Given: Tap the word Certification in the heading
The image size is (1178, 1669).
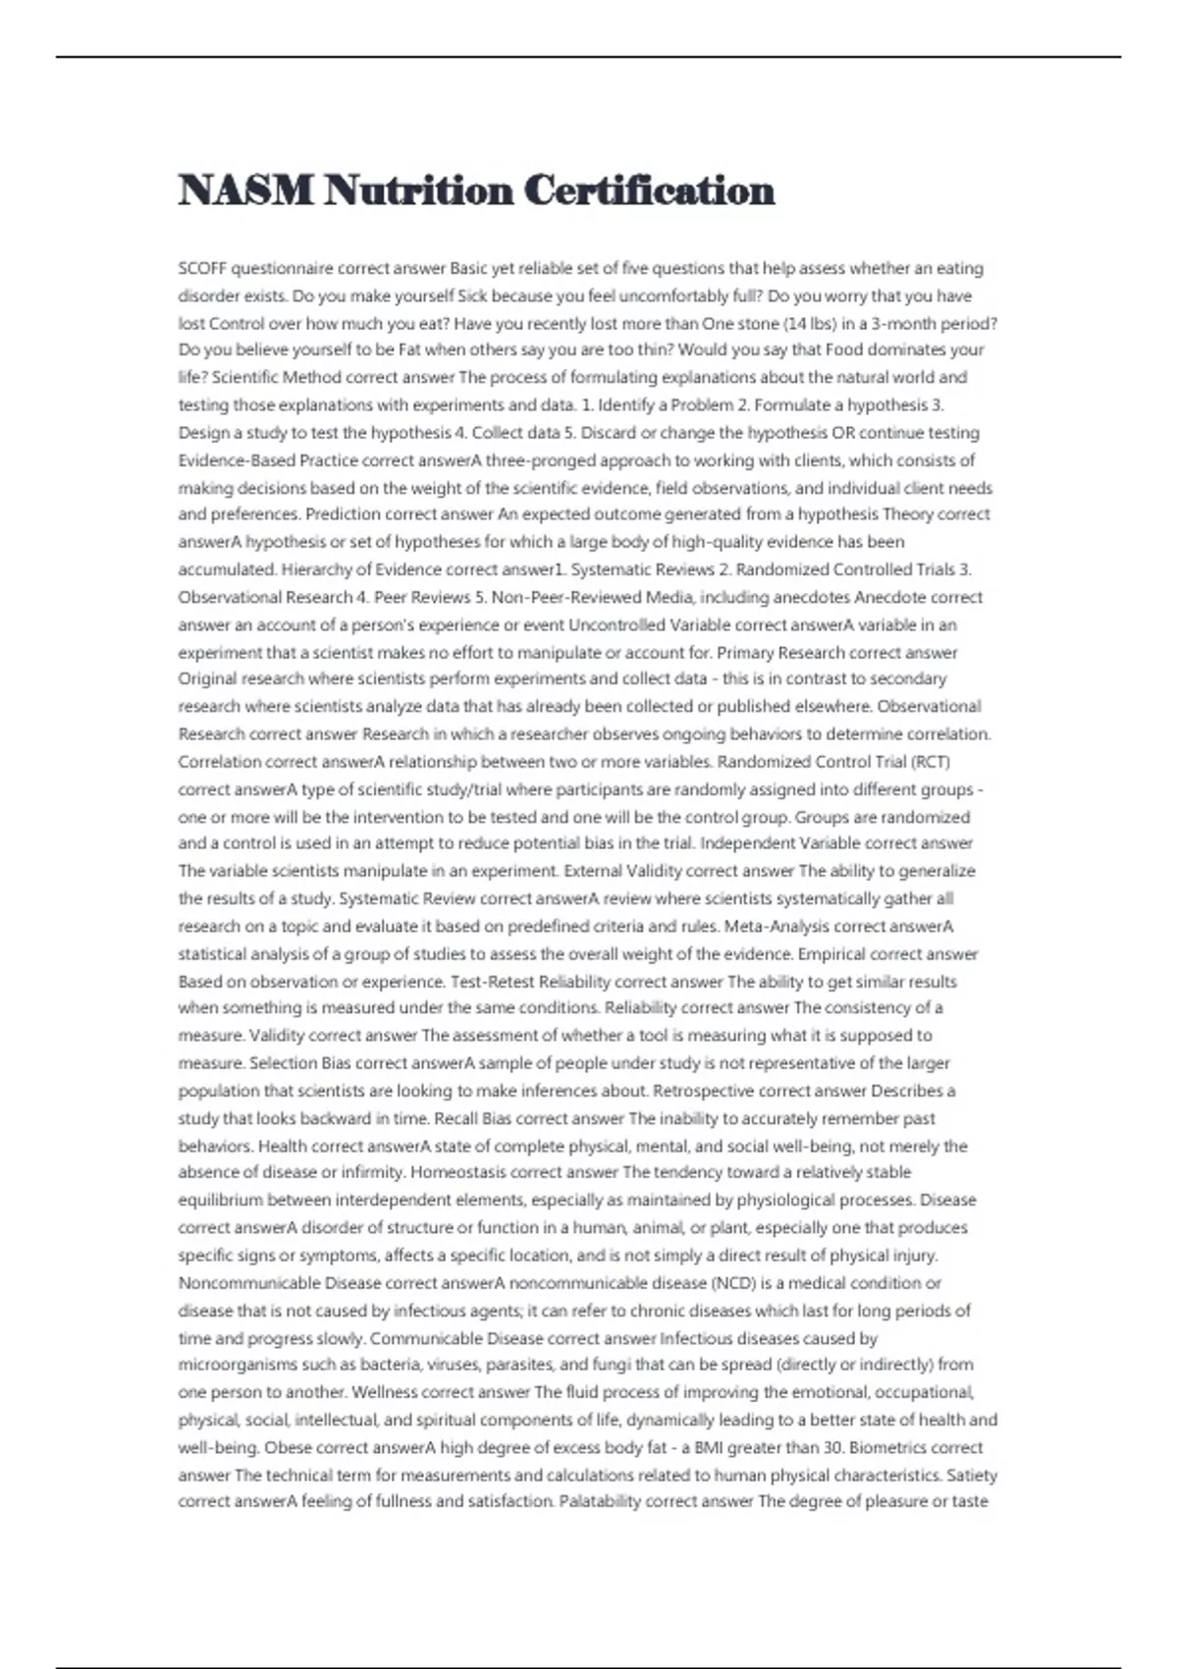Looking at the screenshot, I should (x=649, y=190).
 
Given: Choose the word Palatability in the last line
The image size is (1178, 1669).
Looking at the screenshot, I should (x=600, y=1501).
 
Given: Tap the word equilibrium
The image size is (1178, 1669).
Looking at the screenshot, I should (x=221, y=1200).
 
